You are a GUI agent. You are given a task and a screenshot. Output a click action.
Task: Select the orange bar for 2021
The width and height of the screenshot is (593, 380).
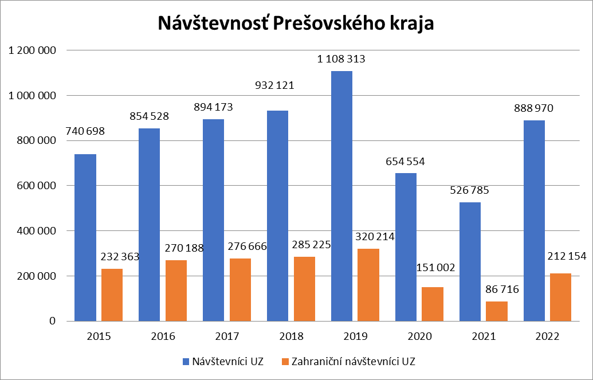pyautogui.click(x=497, y=311)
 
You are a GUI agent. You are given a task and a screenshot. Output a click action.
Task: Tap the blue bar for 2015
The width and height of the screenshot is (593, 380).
pyautogui.click(x=85, y=237)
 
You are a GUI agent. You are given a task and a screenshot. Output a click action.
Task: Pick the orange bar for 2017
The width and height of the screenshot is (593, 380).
pyautogui.click(x=240, y=289)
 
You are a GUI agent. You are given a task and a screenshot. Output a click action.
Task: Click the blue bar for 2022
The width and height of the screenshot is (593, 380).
pyautogui.click(x=535, y=221)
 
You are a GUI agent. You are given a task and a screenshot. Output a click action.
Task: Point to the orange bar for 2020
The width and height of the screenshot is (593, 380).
pyautogui.click(x=433, y=304)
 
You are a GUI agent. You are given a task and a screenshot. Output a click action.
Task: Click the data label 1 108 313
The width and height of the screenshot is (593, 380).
pyautogui.click(x=341, y=59)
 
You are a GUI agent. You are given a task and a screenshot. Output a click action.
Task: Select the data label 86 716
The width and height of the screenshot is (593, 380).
pyautogui.click(x=497, y=290)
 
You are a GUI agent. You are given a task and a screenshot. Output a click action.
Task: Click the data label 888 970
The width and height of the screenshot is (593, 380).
pyautogui.click(x=533, y=108)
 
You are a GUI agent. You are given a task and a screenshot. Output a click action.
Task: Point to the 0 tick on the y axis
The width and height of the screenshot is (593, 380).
pyautogui.click(x=52, y=321)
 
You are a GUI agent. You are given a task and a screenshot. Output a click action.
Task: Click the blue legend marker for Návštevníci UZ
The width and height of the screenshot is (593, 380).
pyautogui.click(x=186, y=362)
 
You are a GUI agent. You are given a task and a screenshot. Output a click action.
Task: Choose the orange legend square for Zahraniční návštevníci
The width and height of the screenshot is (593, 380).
pyautogui.click(x=285, y=362)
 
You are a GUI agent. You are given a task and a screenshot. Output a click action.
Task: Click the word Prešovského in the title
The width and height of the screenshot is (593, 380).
pyautogui.click(x=328, y=24)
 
